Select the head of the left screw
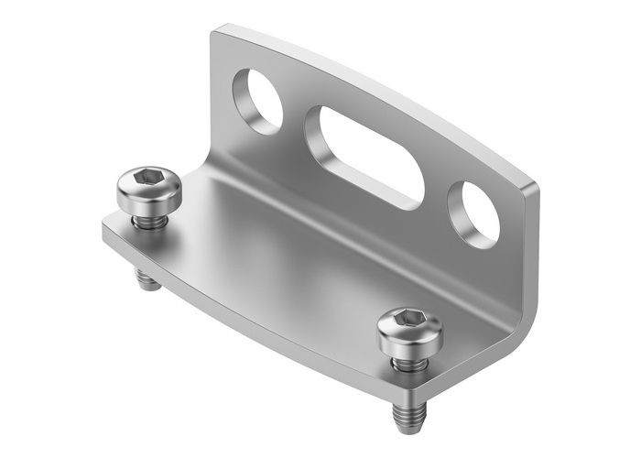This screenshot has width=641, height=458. pyautogui.click(x=149, y=192)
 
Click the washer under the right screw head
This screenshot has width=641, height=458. pyautogui.click(x=407, y=358)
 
